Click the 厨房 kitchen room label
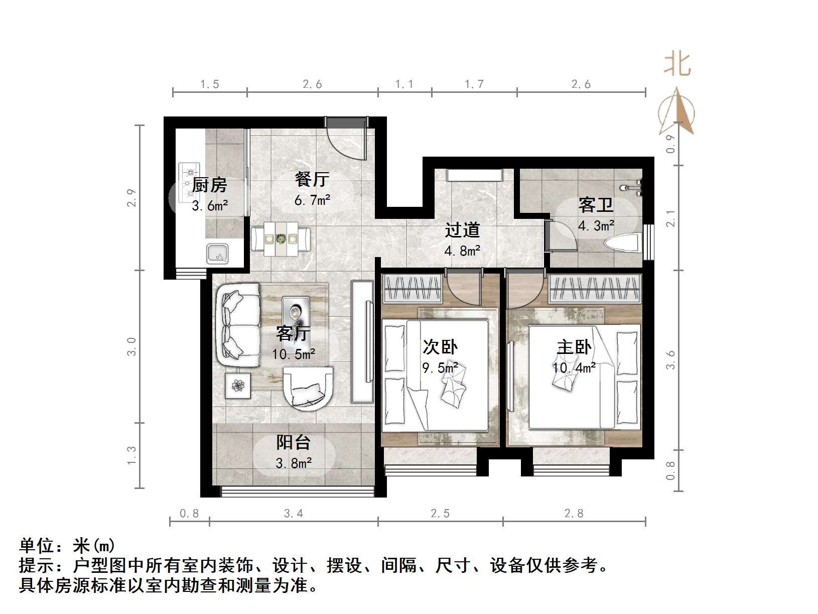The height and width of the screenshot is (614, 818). coord(210,185)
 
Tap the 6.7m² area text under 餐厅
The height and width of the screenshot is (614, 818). coord(312,200)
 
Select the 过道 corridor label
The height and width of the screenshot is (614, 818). coord(462,230)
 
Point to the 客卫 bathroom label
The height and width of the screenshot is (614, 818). coord(596,205)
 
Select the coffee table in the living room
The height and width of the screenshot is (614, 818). coord(296,313)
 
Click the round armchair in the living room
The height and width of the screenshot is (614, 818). coord(308,386)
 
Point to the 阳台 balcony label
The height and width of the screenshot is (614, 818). coord(294,442)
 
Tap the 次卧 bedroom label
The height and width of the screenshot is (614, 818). coord(440,347)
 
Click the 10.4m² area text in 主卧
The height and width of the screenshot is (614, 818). coord(574,368)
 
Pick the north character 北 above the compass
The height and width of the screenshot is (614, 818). coord(677,65)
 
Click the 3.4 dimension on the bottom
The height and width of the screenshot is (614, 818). coord(294,513)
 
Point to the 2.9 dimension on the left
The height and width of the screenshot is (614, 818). coord(131,197)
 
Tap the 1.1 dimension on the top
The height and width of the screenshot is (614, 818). coord(404,84)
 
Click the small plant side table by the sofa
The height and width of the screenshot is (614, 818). coord(237,386)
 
